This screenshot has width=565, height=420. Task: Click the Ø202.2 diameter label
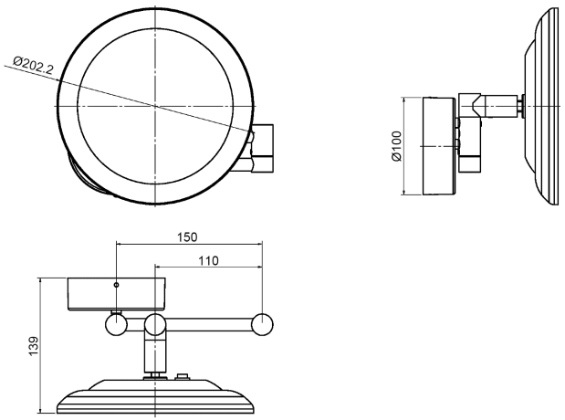tap(33, 65)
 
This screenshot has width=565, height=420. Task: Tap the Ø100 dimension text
tap(396, 146)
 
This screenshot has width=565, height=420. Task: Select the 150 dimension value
tap(187, 237)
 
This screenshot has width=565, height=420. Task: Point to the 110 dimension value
tap(208, 260)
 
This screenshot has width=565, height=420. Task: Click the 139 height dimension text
tap(33, 346)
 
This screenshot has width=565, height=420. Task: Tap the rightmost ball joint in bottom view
tap(262, 325)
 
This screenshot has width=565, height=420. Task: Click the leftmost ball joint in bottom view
tap(116, 325)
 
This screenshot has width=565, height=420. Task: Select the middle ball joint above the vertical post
tap(155, 324)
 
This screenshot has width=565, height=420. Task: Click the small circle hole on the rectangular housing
tap(116, 285)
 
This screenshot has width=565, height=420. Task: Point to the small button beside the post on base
tap(182, 377)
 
